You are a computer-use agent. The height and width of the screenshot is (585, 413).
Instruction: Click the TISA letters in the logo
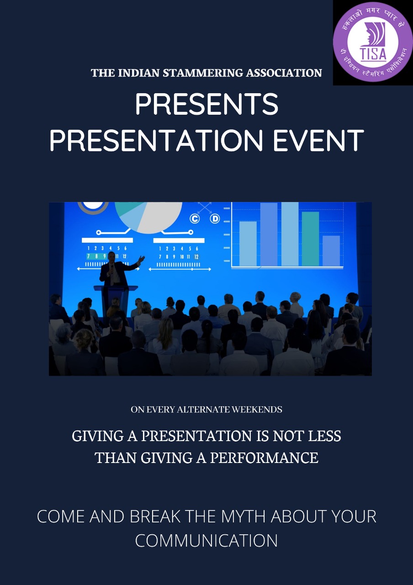click(373, 53)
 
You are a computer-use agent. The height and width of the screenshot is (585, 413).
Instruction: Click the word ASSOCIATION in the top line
click(284, 73)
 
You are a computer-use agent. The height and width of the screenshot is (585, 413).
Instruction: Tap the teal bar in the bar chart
click(310, 239)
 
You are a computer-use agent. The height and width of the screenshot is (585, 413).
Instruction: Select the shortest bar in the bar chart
click(331, 251)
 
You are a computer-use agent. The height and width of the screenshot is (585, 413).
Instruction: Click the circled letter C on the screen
click(195, 218)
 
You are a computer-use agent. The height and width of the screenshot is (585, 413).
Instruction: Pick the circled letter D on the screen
click(215, 218)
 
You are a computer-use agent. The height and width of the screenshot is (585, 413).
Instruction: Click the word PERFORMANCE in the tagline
click(264, 458)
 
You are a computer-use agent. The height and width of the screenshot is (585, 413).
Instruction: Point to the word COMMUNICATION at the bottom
click(206, 540)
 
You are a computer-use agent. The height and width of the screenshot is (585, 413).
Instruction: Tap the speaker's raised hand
click(142, 259)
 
